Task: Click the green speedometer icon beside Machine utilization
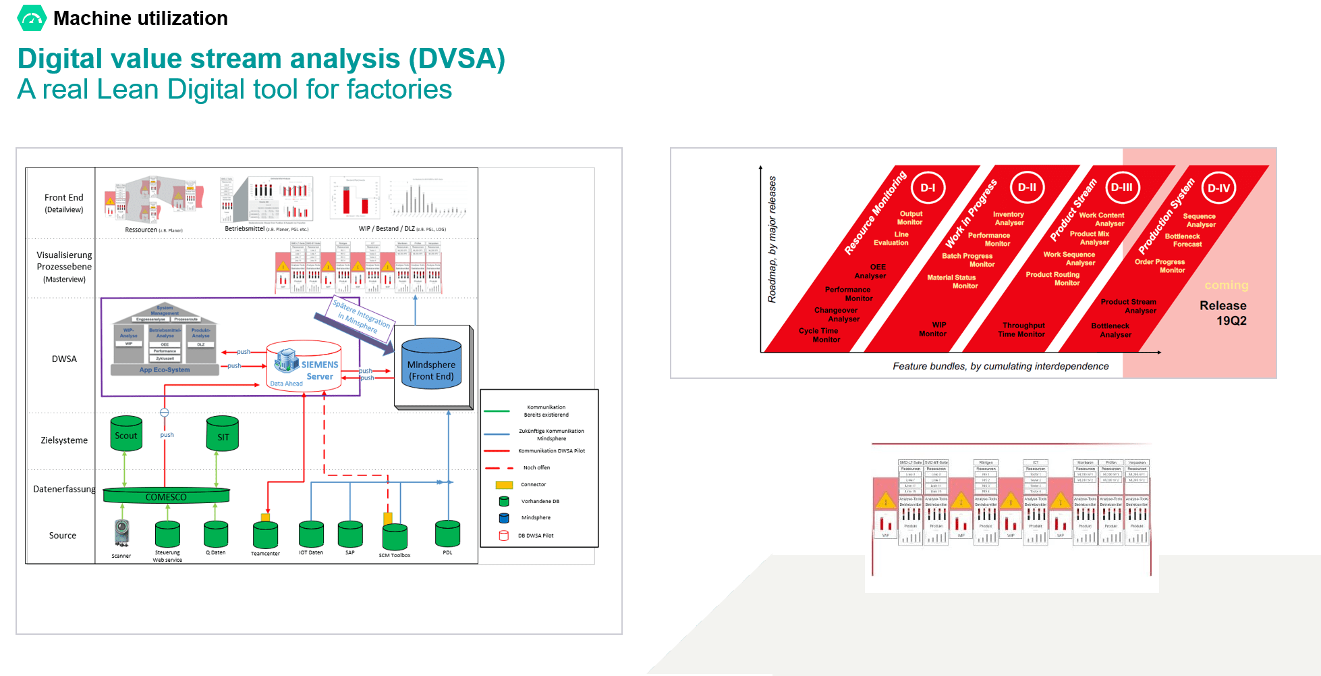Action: [32, 18]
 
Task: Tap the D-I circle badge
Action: [928, 188]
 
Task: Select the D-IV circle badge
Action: [1218, 188]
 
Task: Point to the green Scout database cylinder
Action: [126, 434]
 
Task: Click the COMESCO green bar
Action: [166, 496]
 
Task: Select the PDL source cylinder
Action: [447, 534]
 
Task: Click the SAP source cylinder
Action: [350, 534]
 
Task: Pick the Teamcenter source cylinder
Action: [265, 536]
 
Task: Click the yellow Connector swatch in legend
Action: [504, 485]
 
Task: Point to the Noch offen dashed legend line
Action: [499, 467]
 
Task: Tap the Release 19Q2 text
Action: [1223, 313]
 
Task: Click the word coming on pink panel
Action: [1226, 285]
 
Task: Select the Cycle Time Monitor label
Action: [819, 335]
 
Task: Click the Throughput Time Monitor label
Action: [1022, 330]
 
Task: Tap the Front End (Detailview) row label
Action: [64, 203]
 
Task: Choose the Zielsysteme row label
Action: [64, 440]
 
